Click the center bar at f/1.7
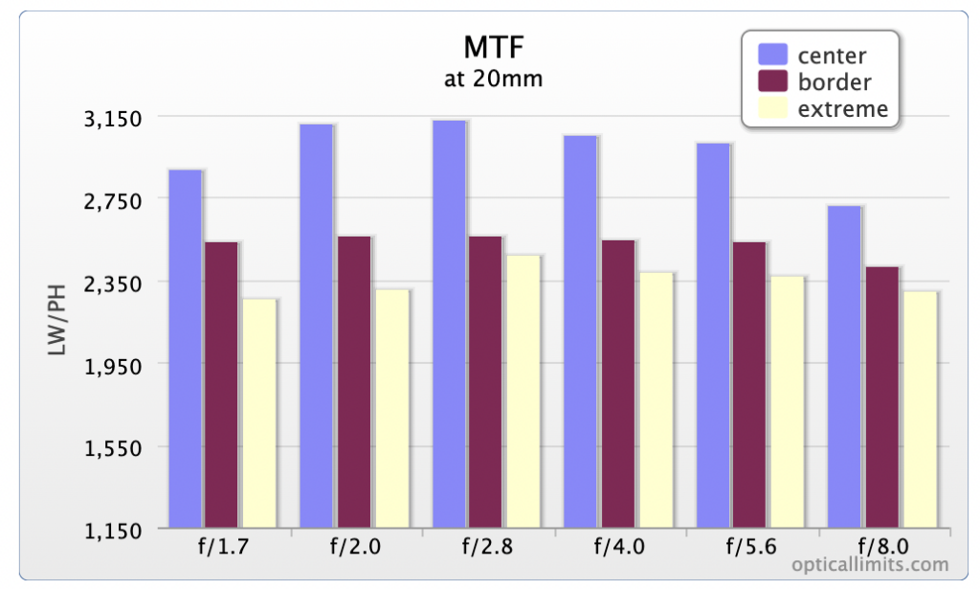[185, 349]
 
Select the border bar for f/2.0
[354, 382]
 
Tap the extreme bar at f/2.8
[523, 392]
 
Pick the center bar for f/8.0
[844, 367]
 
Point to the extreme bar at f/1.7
[259, 414]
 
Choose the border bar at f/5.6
[749, 385]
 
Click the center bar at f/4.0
[580, 331]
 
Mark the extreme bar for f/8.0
[920, 410]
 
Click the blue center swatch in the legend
[772, 55]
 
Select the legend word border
[835, 82]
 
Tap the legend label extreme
[842, 109]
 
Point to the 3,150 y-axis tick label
[113, 118]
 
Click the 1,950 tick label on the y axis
[113, 366]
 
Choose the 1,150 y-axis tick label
[113, 531]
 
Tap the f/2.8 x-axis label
[487, 547]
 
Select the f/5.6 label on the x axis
[751, 547]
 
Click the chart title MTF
[494, 47]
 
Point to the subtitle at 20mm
[493, 79]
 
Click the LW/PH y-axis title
[56, 320]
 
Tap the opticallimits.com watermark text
[870, 565]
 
